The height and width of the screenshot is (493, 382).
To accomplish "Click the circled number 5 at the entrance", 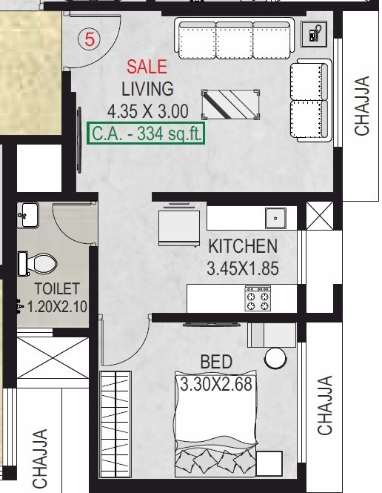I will (90, 40).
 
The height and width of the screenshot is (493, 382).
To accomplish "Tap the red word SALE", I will (146, 67).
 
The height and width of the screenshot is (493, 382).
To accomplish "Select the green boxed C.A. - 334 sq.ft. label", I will (145, 135).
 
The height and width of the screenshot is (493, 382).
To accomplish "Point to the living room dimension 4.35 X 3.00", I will (147, 112).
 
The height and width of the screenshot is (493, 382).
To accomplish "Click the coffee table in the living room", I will (231, 103).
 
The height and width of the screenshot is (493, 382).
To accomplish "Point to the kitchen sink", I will (276, 218).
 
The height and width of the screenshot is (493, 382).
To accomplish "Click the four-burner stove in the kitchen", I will (258, 298).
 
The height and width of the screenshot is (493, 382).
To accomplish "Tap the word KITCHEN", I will (242, 246).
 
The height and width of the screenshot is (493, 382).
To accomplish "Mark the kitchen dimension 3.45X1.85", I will (242, 268).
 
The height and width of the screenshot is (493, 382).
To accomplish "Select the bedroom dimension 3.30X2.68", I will (215, 385).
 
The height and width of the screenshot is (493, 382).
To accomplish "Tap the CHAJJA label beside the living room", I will (361, 106).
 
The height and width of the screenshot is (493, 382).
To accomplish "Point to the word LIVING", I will (147, 89).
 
